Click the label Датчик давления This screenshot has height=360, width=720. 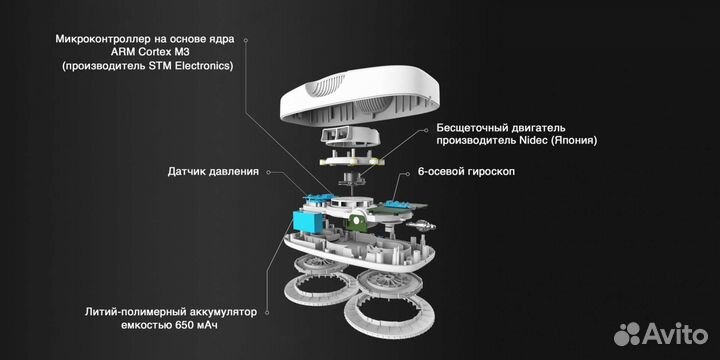pyautogui.click(x=213, y=172)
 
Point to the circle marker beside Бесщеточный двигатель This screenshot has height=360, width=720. pyautogui.click(x=426, y=128)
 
